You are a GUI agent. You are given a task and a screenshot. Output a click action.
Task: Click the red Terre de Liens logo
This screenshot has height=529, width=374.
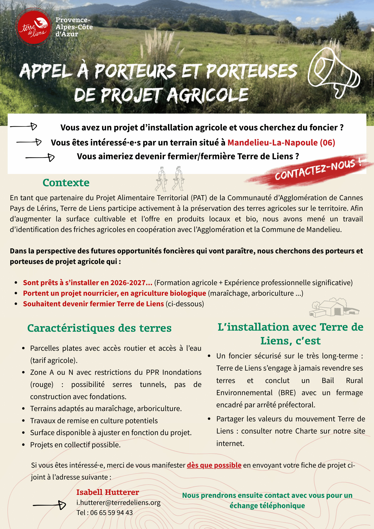tap(34, 27)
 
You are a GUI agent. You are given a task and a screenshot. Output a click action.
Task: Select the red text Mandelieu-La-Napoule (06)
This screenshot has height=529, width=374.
tap(281, 143)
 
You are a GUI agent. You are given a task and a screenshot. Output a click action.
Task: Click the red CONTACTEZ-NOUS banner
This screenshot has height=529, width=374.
tap(315, 171)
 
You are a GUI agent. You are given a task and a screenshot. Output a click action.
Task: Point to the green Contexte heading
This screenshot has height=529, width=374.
tap(66, 183)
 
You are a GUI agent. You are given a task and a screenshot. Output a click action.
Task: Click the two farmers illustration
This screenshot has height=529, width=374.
tap(170, 179)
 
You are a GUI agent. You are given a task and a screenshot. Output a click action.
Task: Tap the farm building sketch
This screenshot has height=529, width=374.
tap(334, 308)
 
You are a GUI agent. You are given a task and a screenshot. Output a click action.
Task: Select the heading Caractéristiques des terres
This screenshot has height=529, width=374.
tap(99, 328)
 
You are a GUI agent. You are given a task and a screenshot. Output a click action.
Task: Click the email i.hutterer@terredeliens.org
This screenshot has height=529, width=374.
tap(118, 502)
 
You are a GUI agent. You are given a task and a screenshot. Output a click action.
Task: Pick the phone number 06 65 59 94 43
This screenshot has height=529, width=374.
tap(111, 513)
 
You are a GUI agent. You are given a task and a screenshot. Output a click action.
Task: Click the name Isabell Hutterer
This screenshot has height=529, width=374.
tap(108, 492)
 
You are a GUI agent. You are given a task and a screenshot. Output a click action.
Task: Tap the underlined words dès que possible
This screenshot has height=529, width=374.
tap(214, 465)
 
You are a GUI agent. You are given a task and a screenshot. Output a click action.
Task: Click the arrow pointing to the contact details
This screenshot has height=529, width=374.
tap(50, 505)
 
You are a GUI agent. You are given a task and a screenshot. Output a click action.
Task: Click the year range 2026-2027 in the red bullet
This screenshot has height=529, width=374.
tap(128, 282)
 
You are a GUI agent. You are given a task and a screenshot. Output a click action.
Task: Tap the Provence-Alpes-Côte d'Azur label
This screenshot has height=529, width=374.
tap(74, 27)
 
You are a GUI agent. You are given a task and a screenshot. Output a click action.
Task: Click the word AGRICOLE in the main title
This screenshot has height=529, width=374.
tap(208, 95)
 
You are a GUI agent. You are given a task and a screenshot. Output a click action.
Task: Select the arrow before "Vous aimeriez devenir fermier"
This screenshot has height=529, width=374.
tap(40, 158)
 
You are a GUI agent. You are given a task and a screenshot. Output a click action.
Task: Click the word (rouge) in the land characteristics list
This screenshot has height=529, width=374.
tap(42, 384)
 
